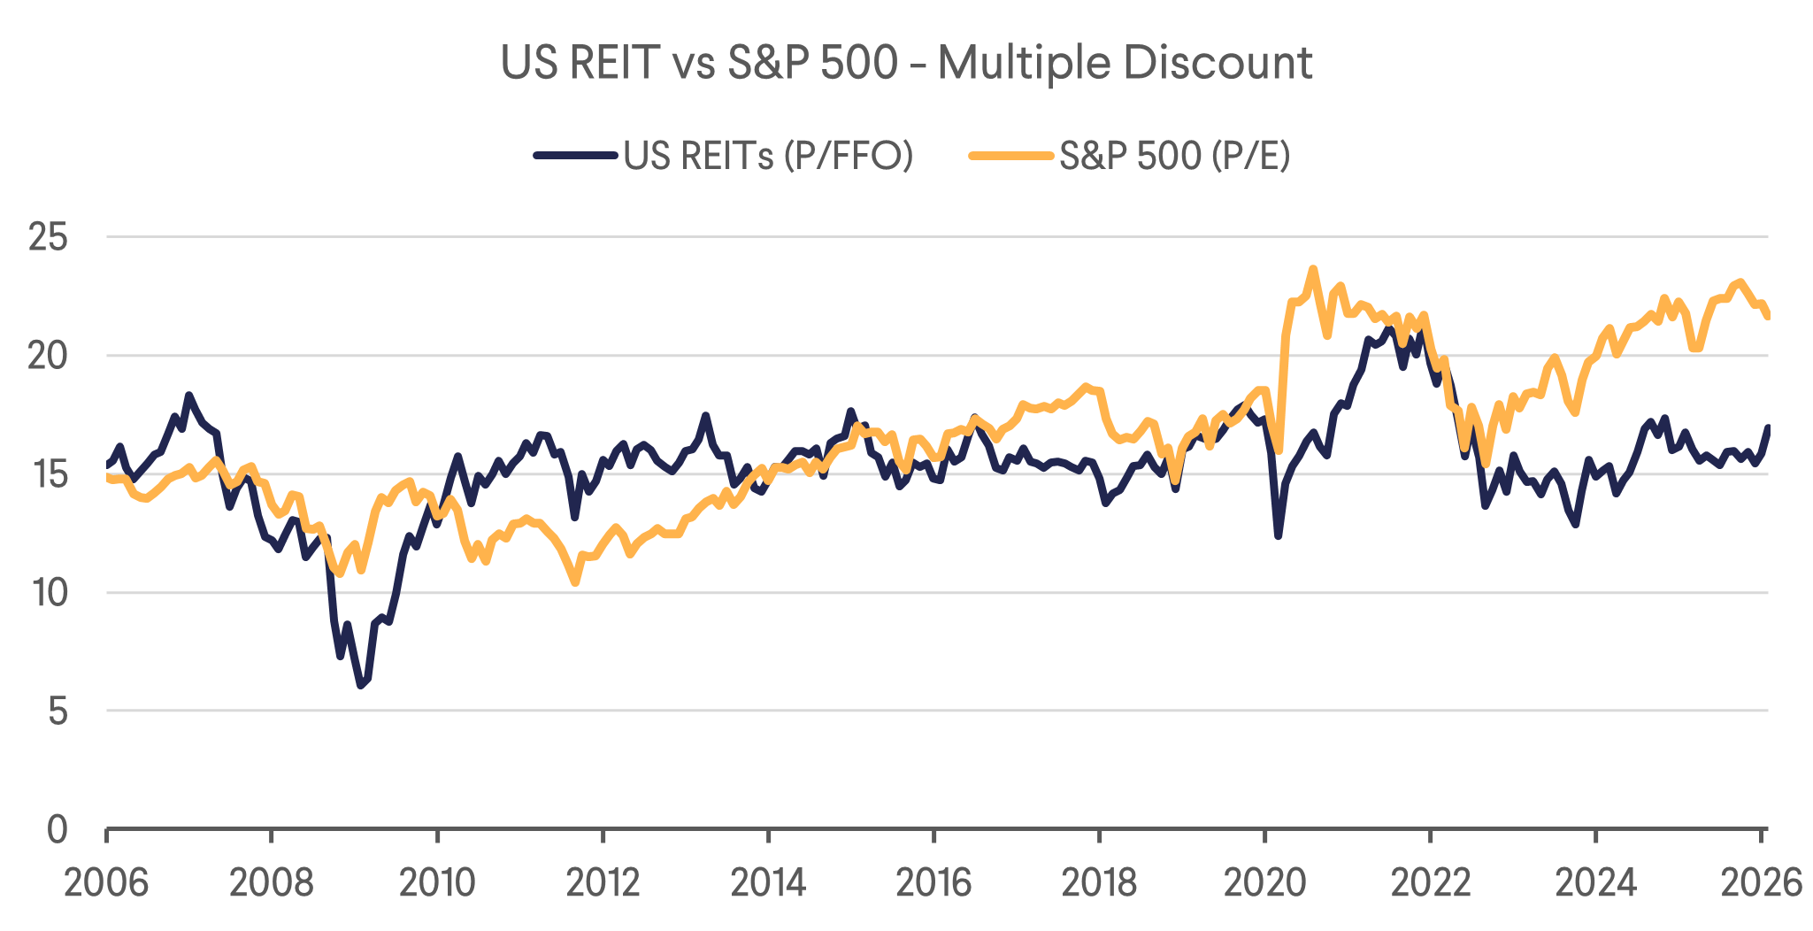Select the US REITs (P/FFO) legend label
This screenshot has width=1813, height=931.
(768, 156)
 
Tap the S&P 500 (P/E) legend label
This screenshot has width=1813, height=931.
(1174, 156)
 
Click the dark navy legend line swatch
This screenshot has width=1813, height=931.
(575, 156)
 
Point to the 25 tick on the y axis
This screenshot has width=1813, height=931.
(49, 237)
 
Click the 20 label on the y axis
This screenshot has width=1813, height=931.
(49, 356)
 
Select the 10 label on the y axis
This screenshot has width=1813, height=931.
(49, 592)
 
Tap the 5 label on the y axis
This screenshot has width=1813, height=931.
(58, 711)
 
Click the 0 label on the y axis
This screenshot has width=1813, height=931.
(58, 829)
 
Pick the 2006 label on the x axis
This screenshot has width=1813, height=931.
(106, 882)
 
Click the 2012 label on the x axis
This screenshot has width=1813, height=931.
(603, 882)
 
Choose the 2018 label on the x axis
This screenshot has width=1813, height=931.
(1099, 882)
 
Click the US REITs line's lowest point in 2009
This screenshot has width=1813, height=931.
(361, 685)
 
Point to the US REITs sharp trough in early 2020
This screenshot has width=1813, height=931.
(1278, 535)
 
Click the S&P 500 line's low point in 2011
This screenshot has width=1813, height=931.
(575, 582)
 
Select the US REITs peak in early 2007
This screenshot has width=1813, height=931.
(188, 396)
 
